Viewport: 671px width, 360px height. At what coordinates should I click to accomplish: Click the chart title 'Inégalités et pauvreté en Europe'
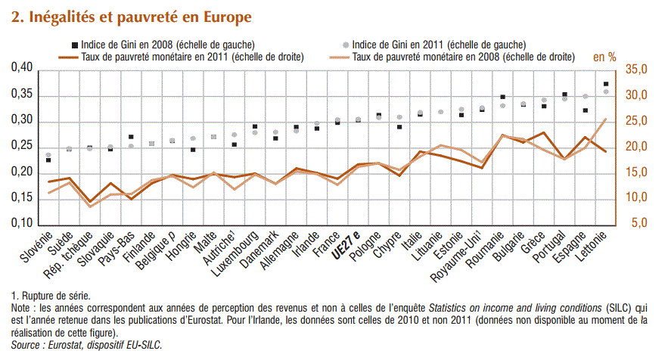(132, 16)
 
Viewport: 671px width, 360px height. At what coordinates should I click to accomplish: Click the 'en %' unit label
(604, 57)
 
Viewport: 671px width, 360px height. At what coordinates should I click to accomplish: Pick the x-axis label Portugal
(552, 247)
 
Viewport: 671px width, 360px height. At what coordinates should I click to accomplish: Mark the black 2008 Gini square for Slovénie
(48, 160)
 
